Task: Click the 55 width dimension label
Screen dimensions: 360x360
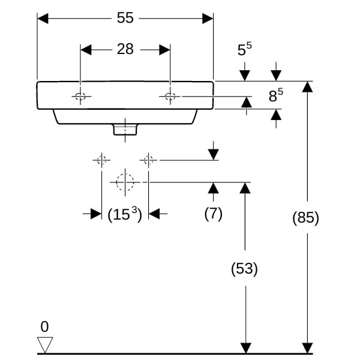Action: [125, 18]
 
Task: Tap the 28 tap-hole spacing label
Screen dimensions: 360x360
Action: [125, 49]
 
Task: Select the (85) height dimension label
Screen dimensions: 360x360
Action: [305, 218]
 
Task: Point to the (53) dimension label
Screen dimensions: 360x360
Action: [244, 269]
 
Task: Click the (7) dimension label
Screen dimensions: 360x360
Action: [213, 214]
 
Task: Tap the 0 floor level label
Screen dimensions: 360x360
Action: [44, 327]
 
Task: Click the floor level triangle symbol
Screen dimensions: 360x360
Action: [45, 345]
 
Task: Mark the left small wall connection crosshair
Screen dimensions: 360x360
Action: [101, 160]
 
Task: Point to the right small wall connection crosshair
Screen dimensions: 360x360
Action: [148, 160]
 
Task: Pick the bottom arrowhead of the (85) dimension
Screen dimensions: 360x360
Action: [307, 347]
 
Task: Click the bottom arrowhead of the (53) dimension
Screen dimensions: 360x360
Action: [245, 347]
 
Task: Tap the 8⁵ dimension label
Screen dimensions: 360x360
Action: [275, 95]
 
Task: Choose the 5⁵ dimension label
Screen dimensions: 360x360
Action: [244, 50]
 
